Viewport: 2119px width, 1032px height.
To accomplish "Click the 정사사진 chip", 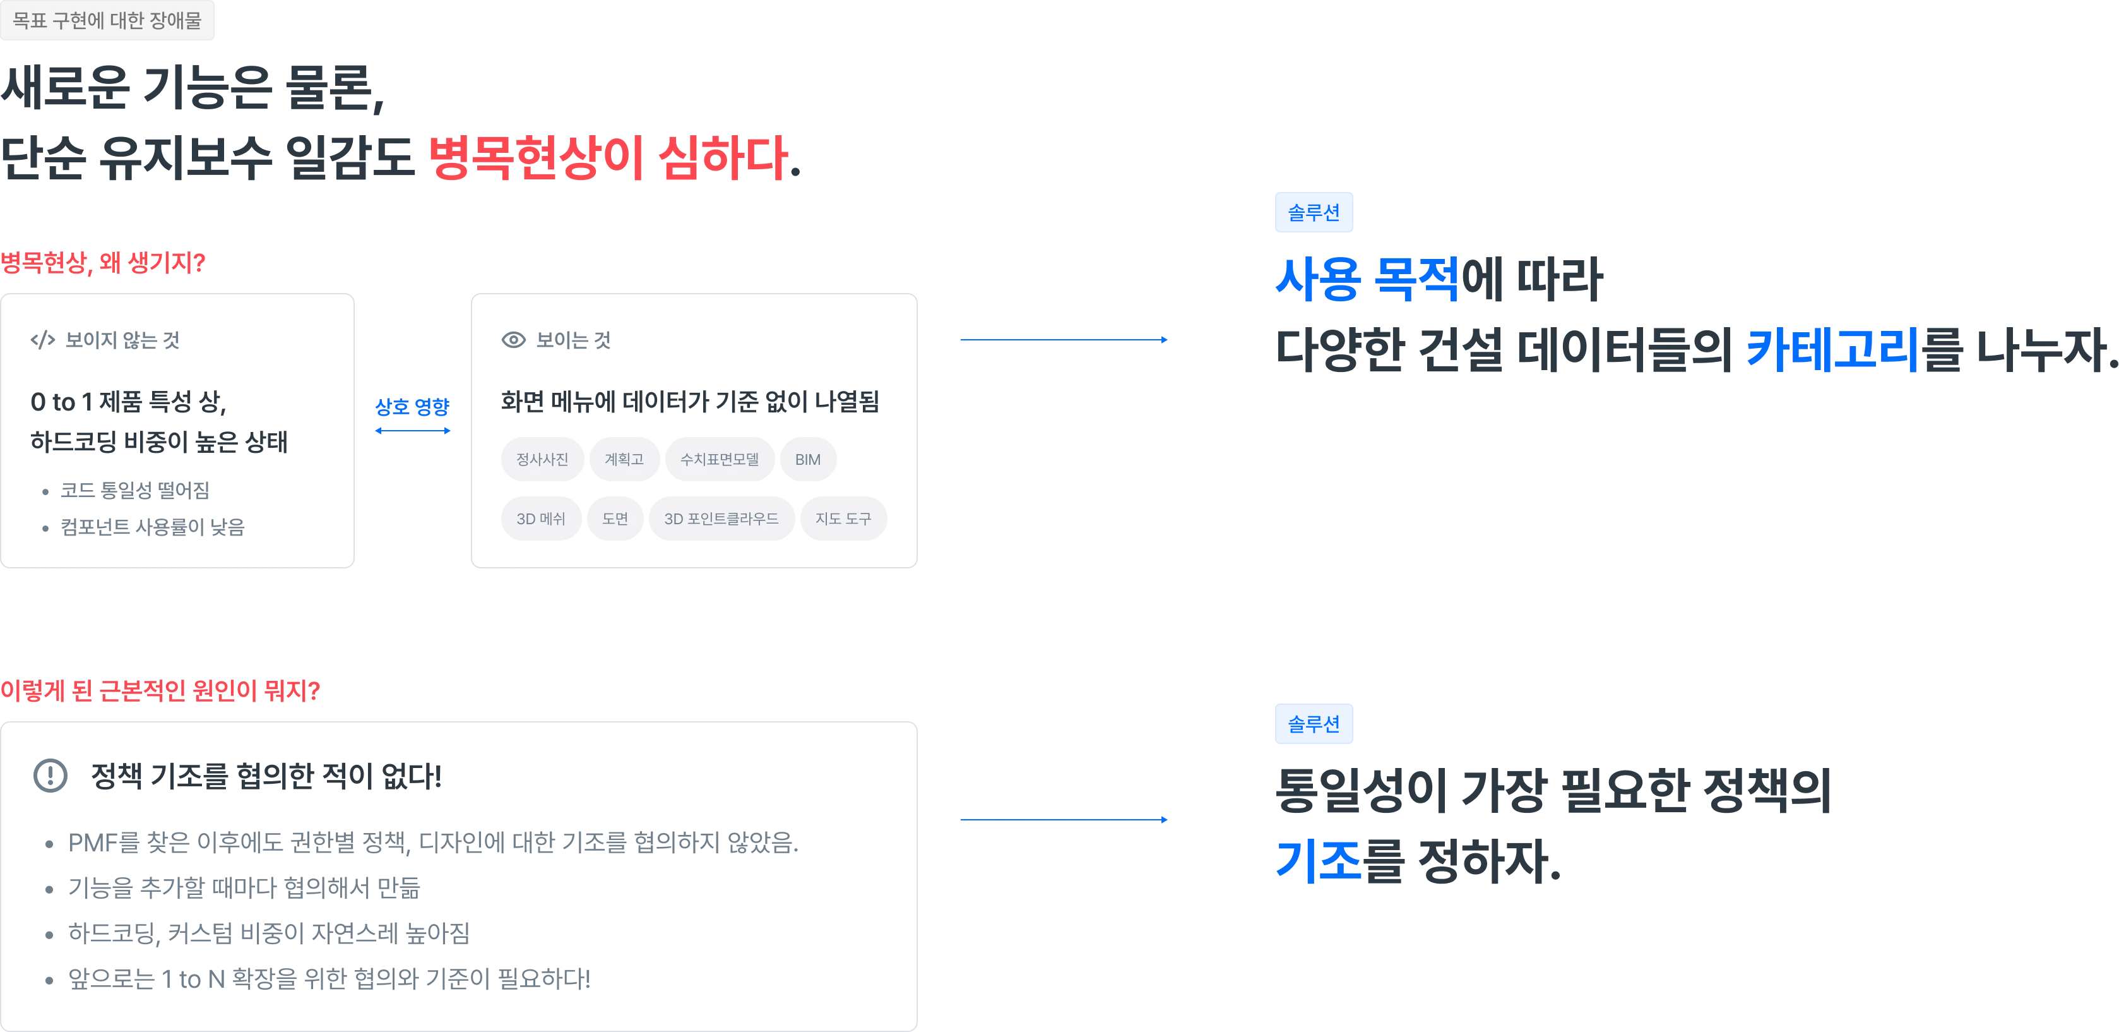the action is (542, 459).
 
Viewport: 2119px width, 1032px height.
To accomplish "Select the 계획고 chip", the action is (624, 459).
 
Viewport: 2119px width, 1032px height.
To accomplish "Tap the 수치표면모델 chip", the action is (720, 459).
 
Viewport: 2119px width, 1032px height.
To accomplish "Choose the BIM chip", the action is (808, 459).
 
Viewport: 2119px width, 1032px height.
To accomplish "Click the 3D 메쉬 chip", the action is (541, 519).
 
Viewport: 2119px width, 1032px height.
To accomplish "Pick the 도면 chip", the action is (615, 519).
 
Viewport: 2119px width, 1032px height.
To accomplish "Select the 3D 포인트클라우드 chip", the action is (721, 519).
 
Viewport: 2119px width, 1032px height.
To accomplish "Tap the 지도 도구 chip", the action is (843, 519).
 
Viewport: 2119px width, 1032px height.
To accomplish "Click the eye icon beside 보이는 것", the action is (513, 340).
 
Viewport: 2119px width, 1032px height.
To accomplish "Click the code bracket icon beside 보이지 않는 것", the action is (43, 340).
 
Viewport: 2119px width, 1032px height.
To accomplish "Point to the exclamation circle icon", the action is (50, 775).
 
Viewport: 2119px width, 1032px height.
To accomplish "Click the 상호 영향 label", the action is (412, 407).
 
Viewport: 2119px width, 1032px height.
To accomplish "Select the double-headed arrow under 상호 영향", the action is (413, 430).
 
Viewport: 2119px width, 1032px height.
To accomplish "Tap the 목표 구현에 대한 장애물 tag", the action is (107, 20).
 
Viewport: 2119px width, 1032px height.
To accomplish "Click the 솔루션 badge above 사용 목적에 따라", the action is (1314, 212).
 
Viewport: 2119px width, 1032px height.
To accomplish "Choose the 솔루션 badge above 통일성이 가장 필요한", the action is (1314, 724).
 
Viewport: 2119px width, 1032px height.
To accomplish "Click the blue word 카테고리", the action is (1832, 349).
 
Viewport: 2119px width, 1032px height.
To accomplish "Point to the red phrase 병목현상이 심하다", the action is (608, 157).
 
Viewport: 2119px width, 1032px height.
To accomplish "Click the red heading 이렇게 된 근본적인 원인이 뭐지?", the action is (160, 690).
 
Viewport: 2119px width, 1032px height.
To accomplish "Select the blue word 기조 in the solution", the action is (1318, 861).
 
